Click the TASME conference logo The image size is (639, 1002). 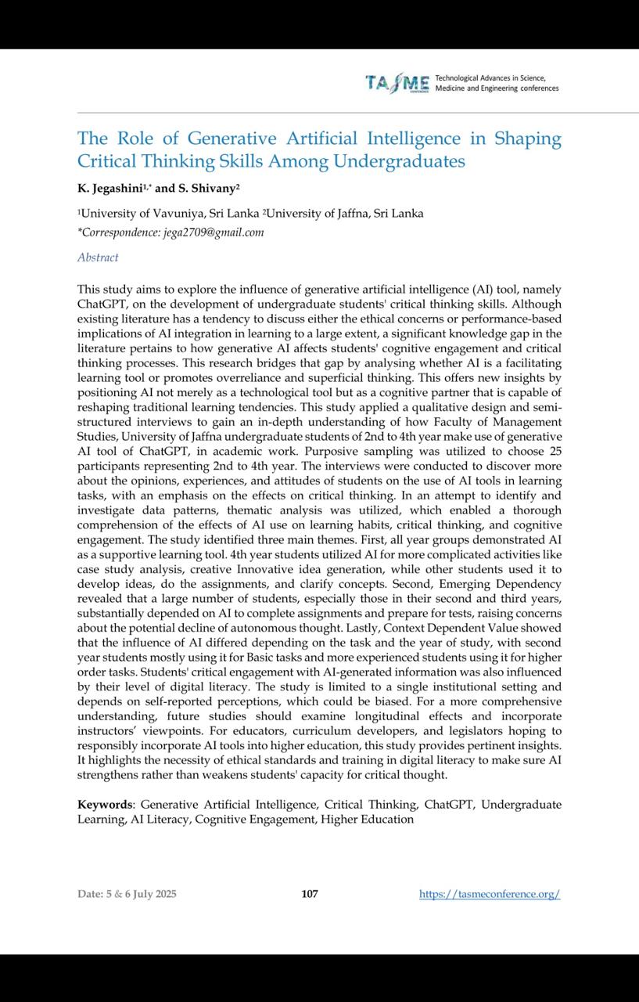point(397,83)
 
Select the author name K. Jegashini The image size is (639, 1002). point(108,189)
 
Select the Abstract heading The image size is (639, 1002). point(98,258)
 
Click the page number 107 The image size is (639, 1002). point(310,894)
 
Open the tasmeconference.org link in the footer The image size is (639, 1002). point(490,894)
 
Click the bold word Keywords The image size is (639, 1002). point(105,805)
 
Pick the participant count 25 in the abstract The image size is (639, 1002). point(555,452)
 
